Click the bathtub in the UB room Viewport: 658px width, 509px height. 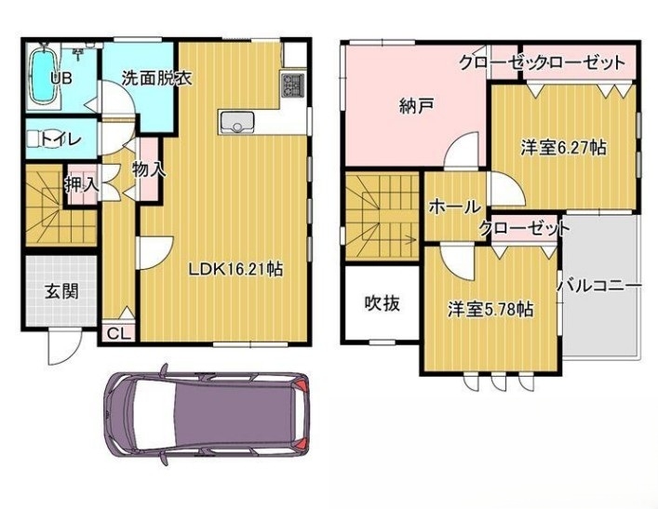tap(43, 76)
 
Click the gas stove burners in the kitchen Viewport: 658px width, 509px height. tap(293, 86)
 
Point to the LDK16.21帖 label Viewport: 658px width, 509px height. tap(235, 269)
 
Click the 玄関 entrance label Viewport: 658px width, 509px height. tap(61, 291)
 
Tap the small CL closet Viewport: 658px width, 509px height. tap(117, 333)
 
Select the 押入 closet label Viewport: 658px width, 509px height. tap(81, 184)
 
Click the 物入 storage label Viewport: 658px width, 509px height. tap(149, 169)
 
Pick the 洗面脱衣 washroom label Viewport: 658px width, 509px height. tap(157, 78)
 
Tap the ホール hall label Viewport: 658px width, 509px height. tap(454, 207)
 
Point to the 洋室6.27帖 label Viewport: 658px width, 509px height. tap(563, 148)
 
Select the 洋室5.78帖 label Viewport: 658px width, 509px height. tap(490, 309)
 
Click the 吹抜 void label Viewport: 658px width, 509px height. tap(382, 303)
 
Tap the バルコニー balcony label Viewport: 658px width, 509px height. tap(599, 287)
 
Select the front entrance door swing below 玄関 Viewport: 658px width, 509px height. tap(63, 348)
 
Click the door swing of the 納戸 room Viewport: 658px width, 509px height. tap(462, 150)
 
